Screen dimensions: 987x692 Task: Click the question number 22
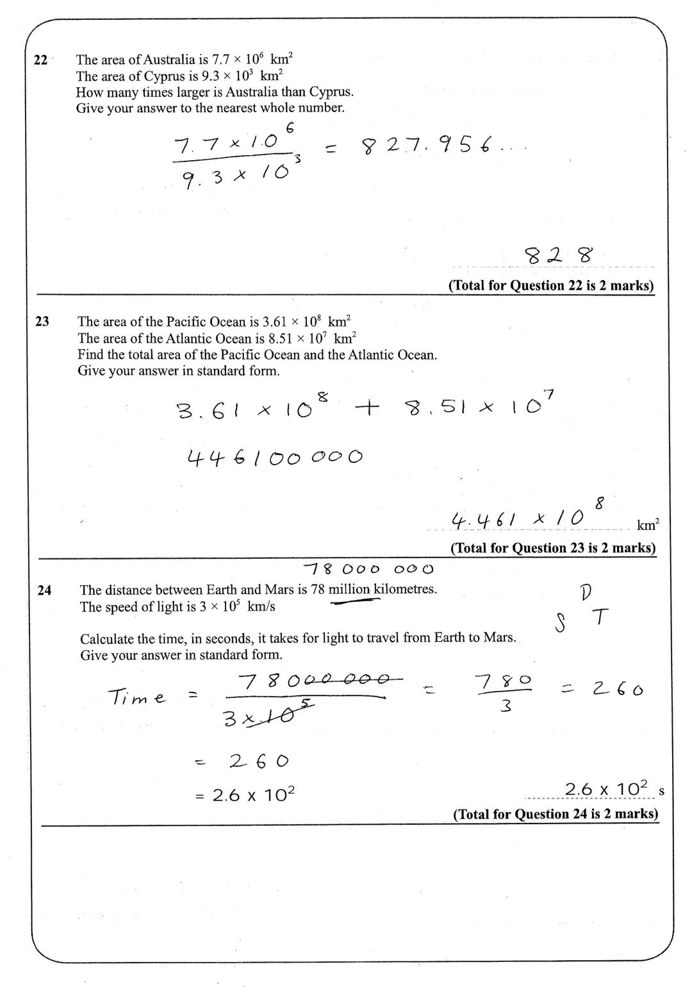pyautogui.click(x=40, y=60)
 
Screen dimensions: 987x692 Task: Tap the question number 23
pyautogui.click(x=42, y=322)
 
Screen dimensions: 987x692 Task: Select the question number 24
pyautogui.click(x=44, y=590)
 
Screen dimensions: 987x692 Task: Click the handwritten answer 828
pyautogui.click(x=558, y=256)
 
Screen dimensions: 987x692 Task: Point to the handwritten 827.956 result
pyautogui.click(x=442, y=147)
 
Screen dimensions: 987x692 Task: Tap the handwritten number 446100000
pyautogui.click(x=275, y=458)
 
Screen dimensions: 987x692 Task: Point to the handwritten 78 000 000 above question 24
pyautogui.click(x=368, y=568)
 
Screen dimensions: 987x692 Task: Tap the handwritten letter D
pyautogui.click(x=585, y=593)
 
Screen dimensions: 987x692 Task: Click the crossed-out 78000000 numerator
pyautogui.click(x=314, y=681)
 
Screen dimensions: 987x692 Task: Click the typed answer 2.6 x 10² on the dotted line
pyautogui.click(x=606, y=789)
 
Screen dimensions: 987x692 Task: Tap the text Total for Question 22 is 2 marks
pyautogui.click(x=551, y=286)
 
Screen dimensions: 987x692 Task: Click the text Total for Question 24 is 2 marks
pyautogui.click(x=556, y=814)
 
